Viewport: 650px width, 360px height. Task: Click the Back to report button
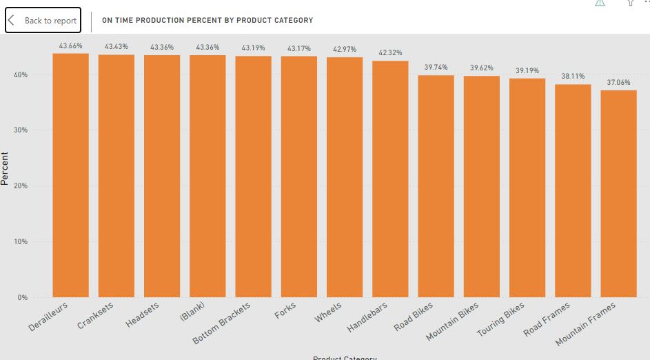pyautogui.click(x=43, y=21)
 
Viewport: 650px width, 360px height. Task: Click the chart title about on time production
pyautogui.click(x=207, y=21)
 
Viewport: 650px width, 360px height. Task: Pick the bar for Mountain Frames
pyautogui.click(x=618, y=194)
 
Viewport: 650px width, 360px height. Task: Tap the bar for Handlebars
pyautogui.click(x=390, y=179)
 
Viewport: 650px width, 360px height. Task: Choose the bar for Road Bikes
pyautogui.click(x=436, y=186)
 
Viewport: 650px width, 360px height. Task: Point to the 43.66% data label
pyautogui.click(x=70, y=46)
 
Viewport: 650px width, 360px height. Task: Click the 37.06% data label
pyautogui.click(x=618, y=83)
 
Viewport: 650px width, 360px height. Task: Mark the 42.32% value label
pyautogui.click(x=390, y=53)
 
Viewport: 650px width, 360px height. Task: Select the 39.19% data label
pyautogui.click(x=527, y=71)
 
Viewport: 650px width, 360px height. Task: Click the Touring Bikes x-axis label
pyautogui.click(x=501, y=320)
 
